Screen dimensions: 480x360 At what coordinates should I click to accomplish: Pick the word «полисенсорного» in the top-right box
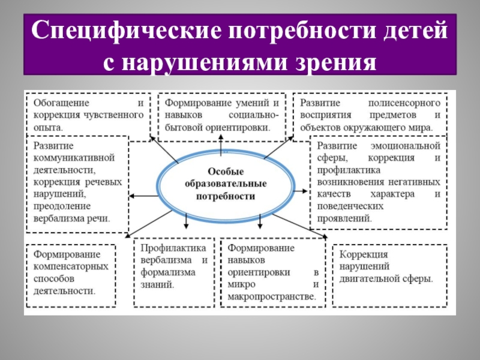(x=405, y=103)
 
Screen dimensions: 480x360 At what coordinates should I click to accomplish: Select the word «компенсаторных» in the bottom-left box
(x=71, y=266)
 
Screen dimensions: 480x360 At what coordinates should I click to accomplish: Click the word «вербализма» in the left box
(x=60, y=219)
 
